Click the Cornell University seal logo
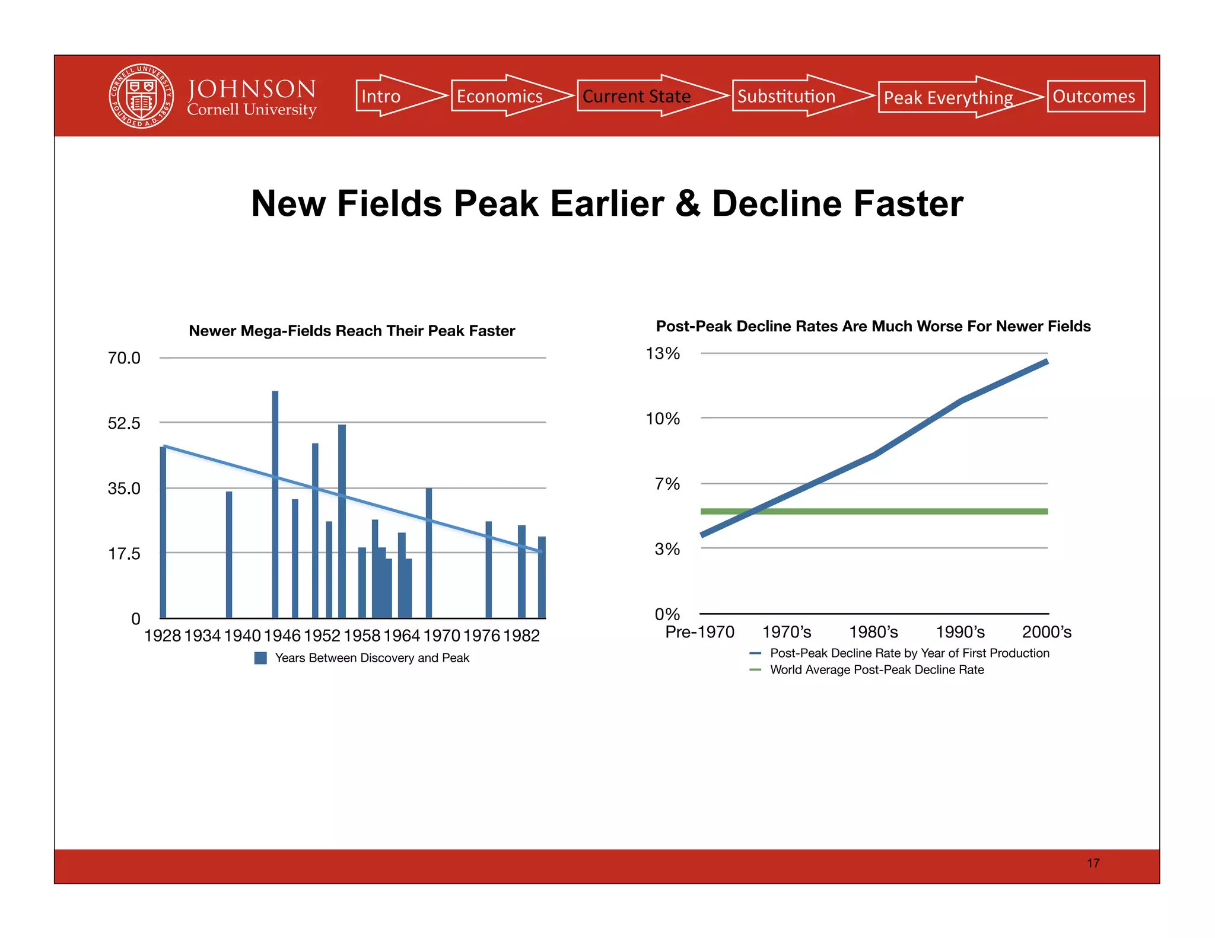tap(141, 96)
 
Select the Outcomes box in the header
tap(1095, 96)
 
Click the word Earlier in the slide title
tap(607, 203)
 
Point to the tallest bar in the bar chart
tap(275, 504)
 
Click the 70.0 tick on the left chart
tap(124, 358)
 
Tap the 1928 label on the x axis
tap(163, 636)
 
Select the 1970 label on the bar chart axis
tap(441, 636)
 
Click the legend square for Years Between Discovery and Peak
tap(260, 658)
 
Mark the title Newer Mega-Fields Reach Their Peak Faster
tap(352, 331)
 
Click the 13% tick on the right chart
tap(662, 353)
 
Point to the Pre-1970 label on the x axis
tap(699, 632)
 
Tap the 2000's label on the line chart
tap(1047, 632)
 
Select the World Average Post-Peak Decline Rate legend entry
tap(876, 670)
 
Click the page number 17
tap(1093, 863)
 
